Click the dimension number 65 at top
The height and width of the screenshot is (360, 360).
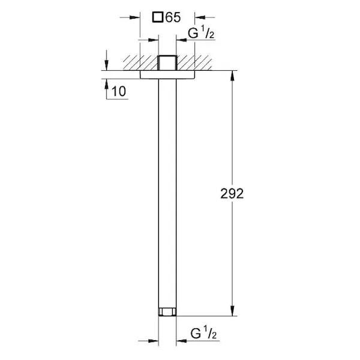[x=173, y=17]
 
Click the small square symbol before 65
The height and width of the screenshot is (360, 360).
[x=158, y=17]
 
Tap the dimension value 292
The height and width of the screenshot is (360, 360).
[x=232, y=194]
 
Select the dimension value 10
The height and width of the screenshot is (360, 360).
[x=119, y=91]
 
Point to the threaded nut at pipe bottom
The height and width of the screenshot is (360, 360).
[x=167, y=311]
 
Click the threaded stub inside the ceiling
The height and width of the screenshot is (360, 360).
[x=167, y=62]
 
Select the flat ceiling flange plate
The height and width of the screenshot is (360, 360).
[x=167, y=74]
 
